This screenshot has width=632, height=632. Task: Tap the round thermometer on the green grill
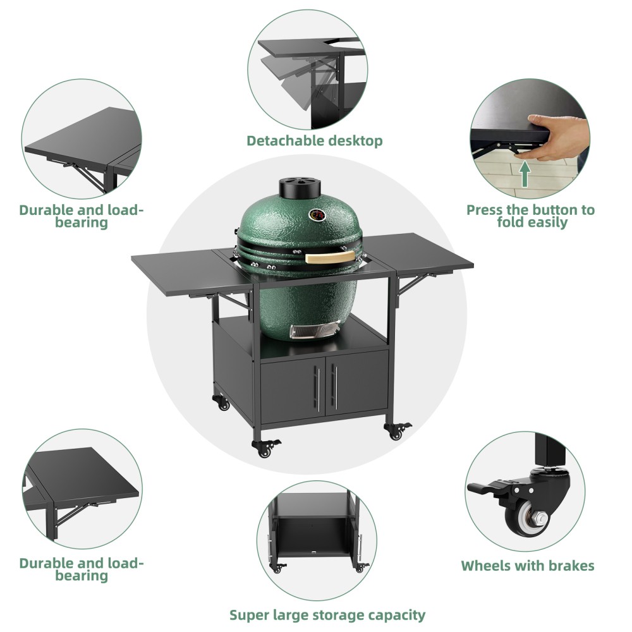[x=315, y=215]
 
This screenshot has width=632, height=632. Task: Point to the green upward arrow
[x=525, y=174]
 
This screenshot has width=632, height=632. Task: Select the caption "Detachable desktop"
[x=314, y=140]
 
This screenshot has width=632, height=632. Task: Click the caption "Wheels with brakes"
[x=527, y=566]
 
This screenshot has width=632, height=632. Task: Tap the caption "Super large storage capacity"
[x=327, y=614]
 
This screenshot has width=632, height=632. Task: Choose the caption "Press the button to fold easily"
[x=530, y=216]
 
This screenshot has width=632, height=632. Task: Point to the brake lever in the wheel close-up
[x=487, y=489]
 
